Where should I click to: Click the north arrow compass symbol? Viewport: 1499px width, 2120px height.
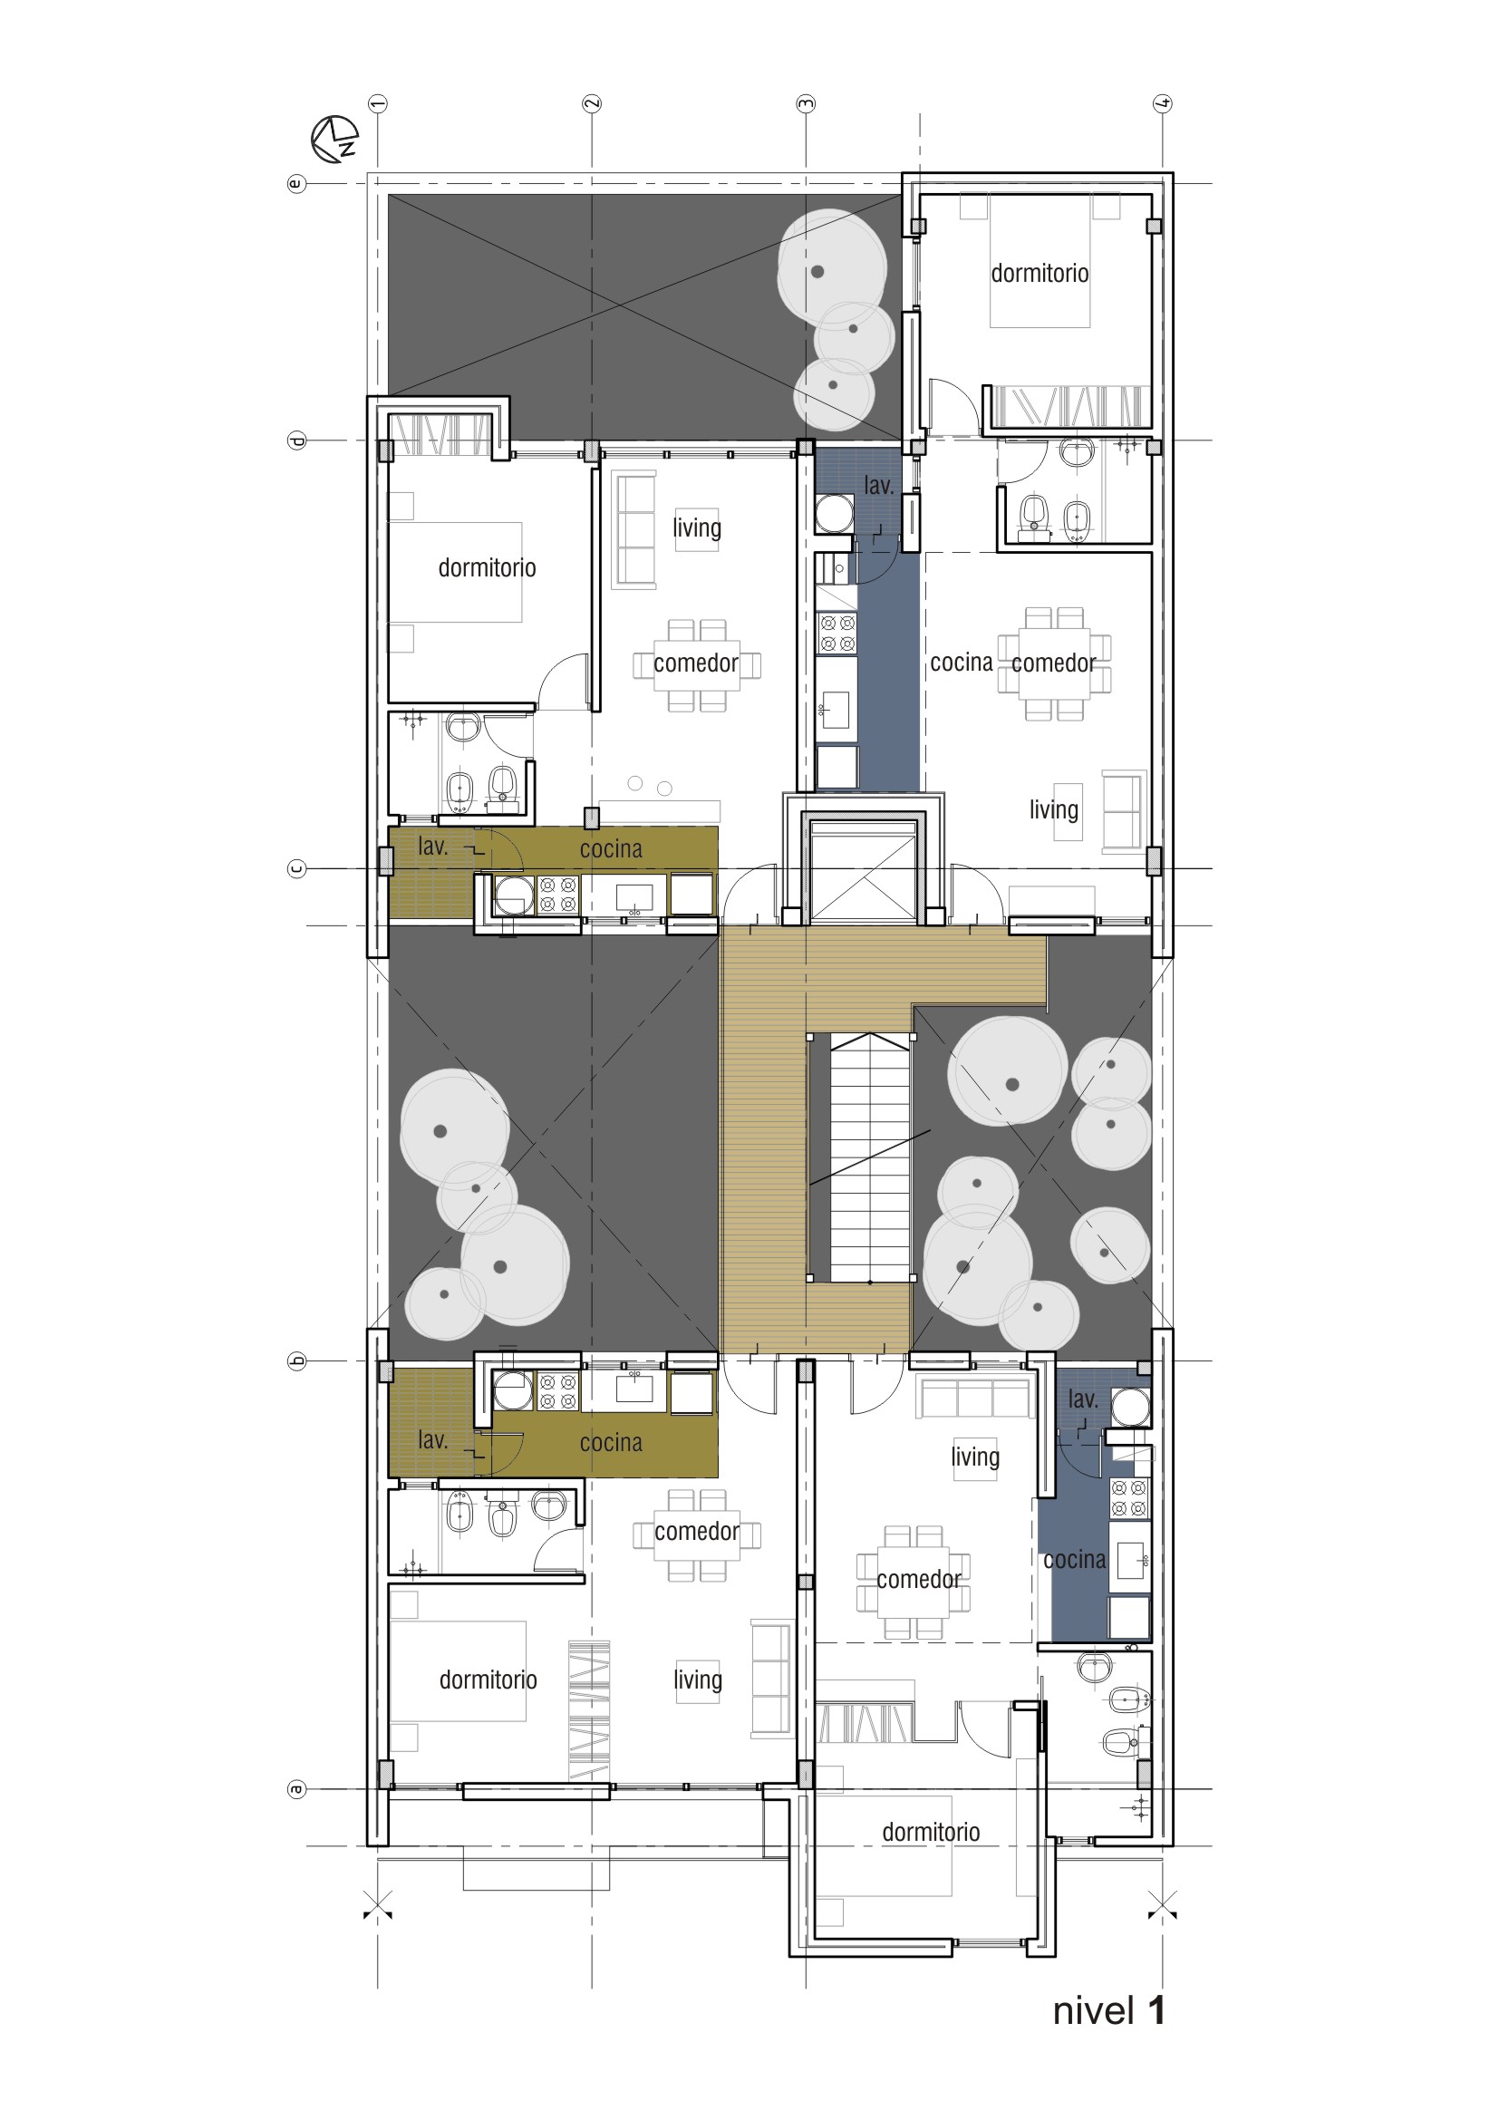coord(334,139)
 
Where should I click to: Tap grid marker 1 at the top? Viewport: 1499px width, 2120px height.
coord(378,103)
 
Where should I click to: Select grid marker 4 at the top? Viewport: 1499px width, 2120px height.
coord(1163,103)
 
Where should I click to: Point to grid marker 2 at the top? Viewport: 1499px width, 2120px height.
coord(592,103)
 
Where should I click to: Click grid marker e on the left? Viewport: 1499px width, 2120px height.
coord(296,184)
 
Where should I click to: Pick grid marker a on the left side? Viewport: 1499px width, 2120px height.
coord(296,1789)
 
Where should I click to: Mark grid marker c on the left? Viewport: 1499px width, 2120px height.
coord(296,869)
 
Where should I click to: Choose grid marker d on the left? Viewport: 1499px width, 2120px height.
coord(296,440)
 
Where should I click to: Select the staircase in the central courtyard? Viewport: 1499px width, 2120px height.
coord(861,1157)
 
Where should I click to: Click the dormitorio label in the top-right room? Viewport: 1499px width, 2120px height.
coord(1040,274)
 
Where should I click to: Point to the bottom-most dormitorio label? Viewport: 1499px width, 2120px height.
coord(931,1832)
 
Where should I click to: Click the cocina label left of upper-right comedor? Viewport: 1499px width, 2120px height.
coord(961,662)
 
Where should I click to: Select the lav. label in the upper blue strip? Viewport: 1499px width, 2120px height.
coord(878,486)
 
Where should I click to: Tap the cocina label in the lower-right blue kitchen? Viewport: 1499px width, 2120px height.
coord(1075,1560)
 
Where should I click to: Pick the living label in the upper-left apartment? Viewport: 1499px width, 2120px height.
coord(697,528)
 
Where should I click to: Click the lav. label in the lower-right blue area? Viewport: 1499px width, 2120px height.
coord(1083,1399)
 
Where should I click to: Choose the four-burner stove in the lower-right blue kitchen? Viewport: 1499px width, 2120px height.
coord(1130,1497)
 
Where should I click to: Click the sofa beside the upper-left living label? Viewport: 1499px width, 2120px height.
coord(634,529)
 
